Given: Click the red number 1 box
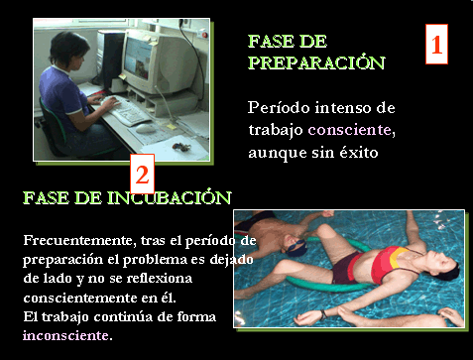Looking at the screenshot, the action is [x=436, y=44].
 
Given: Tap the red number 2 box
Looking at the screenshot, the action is [x=143, y=174].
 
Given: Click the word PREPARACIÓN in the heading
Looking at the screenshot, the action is [x=316, y=62].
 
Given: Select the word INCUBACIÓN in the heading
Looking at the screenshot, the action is [x=169, y=197].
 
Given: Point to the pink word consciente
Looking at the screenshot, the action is [x=349, y=130].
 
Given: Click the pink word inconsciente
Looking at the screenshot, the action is [x=65, y=335].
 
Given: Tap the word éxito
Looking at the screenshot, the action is [x=359, y=152].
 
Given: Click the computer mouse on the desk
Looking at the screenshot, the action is [x=146, y=129].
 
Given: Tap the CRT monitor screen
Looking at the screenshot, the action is [x=138, y=57].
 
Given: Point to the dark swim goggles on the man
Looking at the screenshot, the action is [x=296, y=247].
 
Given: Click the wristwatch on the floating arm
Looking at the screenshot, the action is [x=323, y=314].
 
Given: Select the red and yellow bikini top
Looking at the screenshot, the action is [x=390, y=263].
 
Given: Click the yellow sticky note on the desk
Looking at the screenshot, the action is [x=172, y=127].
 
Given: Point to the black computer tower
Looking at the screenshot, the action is [x=112, y=59].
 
